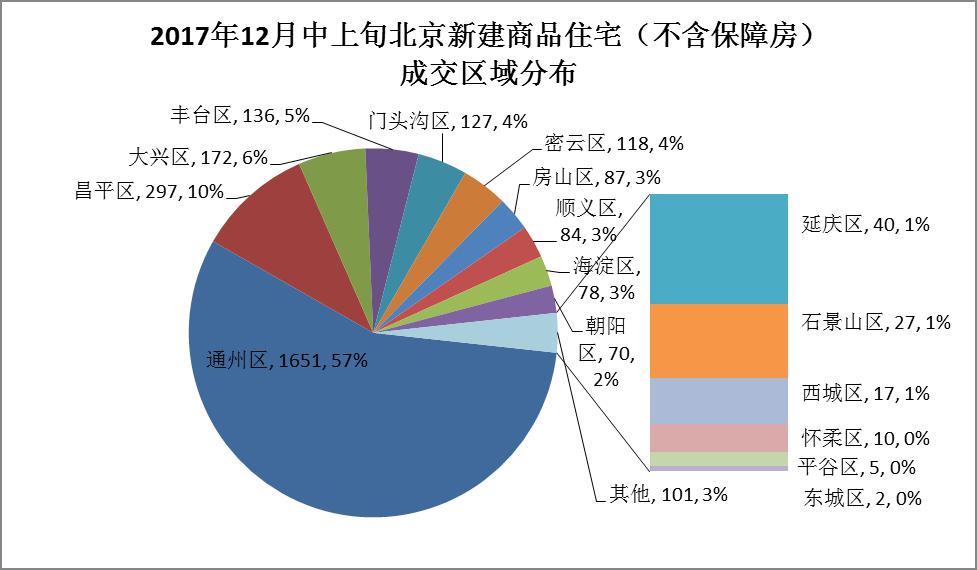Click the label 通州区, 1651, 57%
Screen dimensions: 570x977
287,360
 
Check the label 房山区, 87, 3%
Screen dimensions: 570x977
597,178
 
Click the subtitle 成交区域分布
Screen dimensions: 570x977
487,76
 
